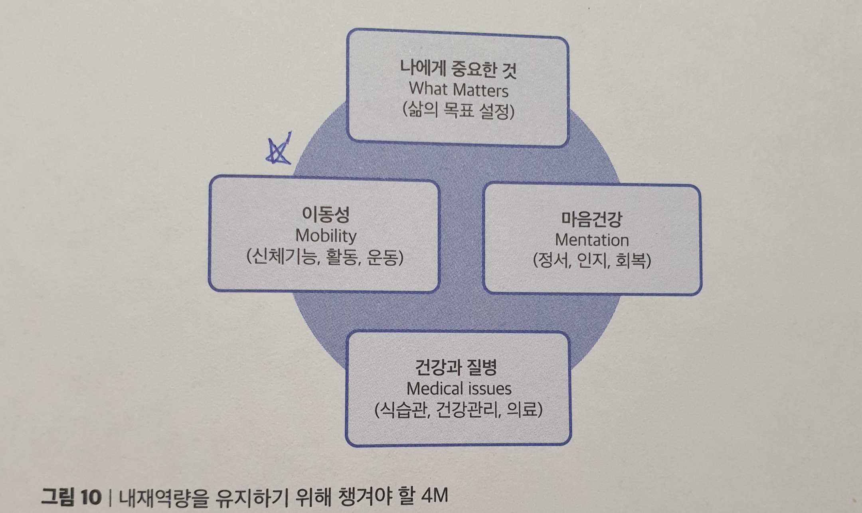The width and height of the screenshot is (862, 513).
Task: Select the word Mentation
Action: pos(592,240)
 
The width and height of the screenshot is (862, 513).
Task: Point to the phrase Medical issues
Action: pos(459,388)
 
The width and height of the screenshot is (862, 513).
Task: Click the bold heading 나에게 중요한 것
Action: pos(459,69)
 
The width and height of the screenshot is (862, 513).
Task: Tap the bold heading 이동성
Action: pos(326,215)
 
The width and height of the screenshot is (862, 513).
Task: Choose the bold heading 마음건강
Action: pos(592,219)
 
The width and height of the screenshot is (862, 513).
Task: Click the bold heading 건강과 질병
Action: pos(456,367)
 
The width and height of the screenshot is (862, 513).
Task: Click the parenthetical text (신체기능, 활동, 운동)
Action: pos(325,257)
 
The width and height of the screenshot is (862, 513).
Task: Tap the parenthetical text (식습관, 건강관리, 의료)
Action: pos(459,410)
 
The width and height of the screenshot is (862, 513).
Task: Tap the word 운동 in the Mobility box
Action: pos(382,257)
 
